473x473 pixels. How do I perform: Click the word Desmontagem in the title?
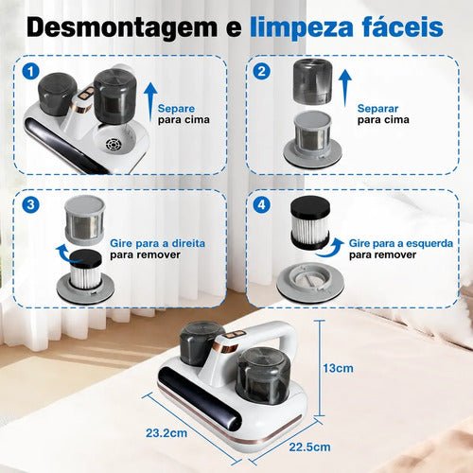(x=122, y=27)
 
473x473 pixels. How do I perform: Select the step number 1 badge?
(x=30, y=72)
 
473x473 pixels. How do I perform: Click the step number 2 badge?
(x=261, y=72)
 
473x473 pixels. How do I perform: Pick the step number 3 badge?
(x=30, y=204)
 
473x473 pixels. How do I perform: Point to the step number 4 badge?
(x=261, y=204)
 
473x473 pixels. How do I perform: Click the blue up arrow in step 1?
(x=150, y=101)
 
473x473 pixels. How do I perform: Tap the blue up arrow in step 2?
(x=345, y=88)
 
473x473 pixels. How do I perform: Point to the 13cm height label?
(x=338, y=368)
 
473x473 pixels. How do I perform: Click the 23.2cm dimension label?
(x=166, y=433)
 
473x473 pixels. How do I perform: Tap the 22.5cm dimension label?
(x=309, y=447)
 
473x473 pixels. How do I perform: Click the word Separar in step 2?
(x=377, y=109)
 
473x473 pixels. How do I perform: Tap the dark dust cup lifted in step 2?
(x=313, y=82)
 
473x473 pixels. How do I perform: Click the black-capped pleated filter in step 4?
(x=310, y=222)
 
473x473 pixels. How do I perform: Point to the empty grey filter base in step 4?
(x=310, y=281)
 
